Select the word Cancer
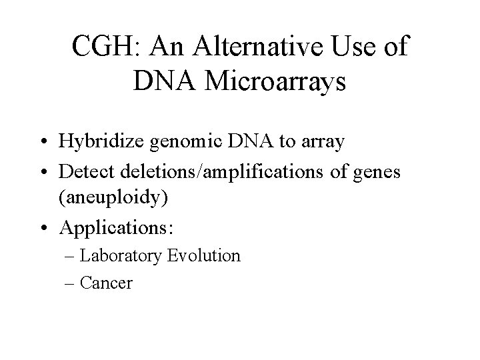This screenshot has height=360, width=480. (106, 283)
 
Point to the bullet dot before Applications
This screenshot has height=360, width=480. (45, 228)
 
